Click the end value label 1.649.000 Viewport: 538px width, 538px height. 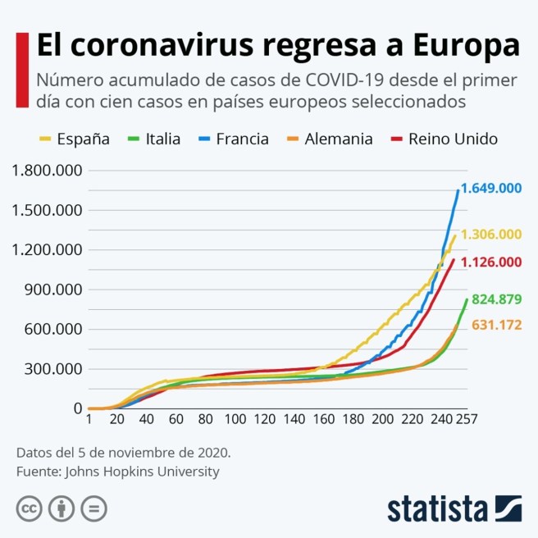point(490,188)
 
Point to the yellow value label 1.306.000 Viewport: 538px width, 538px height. point(490,235)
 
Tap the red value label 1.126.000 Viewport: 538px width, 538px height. point(490,262)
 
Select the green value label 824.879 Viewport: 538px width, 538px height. point(495,299)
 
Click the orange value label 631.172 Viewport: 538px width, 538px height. point(496,326)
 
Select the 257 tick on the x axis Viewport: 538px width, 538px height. point(467,420)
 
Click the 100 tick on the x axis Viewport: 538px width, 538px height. point(235,420)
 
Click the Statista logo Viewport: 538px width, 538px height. point(454,507)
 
